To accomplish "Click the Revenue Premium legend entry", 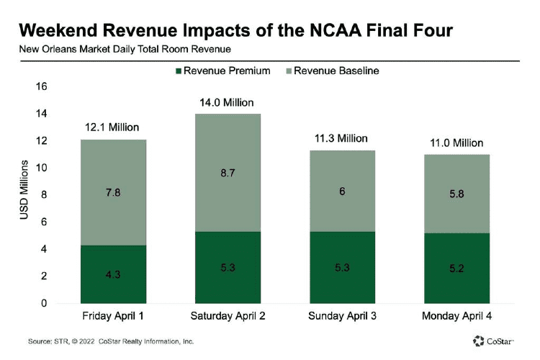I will (222, 71).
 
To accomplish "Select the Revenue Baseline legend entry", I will (330, 71).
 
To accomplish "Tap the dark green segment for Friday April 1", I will (114, 274).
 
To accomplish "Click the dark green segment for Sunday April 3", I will (342, 267).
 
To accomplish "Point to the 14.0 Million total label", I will (227, 104).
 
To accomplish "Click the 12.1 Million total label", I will (113, 127).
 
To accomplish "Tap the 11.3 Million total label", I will (342, 138).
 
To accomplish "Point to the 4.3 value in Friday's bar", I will (114, 274).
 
